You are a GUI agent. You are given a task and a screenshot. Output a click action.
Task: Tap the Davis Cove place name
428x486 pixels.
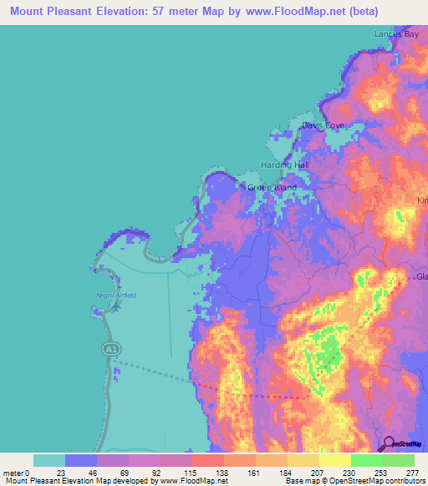coord(323,125)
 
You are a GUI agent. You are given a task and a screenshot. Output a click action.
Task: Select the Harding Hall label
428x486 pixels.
coord(285,165)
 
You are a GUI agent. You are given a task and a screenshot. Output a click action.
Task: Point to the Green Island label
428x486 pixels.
coord(272,188)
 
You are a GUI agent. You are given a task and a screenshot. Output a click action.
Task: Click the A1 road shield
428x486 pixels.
coord(110,347)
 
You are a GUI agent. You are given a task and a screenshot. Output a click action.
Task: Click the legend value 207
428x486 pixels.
coord(318,472)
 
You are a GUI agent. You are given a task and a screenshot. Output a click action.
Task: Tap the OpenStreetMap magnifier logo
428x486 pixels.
coord(390,443)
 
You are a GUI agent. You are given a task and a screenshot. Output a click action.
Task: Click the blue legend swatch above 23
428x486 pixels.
coord(81,460)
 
